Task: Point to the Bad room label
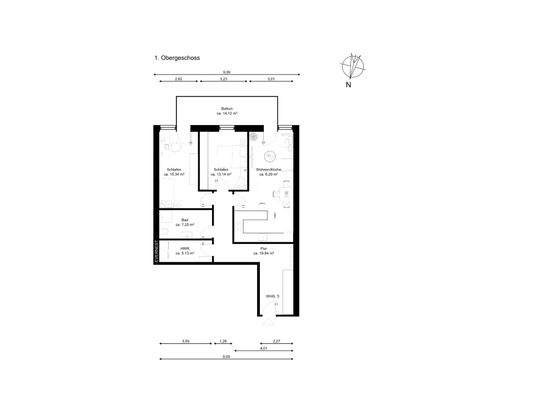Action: click(186, 223)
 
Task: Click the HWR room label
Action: click(185, 251)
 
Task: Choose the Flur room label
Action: click(263, 251)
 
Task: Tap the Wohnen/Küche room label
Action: click(267, 172)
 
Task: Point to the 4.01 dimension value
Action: click(263, 349)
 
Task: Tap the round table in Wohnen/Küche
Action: click(268, 155)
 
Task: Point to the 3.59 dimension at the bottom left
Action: click(186, 342)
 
